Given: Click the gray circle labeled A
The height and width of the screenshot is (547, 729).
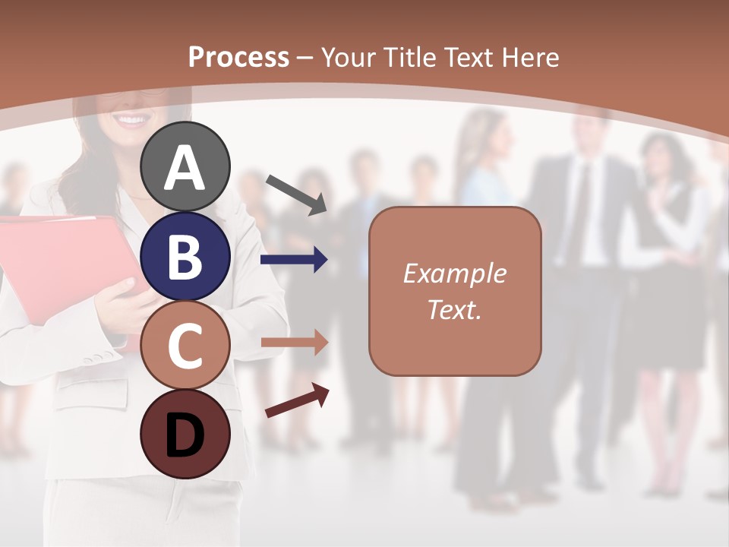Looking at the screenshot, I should (x=185, y=166).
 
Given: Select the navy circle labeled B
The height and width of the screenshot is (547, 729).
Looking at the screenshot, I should (x=185, y=256).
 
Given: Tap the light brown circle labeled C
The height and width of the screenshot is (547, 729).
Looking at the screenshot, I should (x=185, y=345).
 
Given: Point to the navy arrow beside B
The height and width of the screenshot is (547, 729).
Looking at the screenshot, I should (x=294, y=261).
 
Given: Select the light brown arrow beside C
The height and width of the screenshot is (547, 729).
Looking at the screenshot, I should (x=294, y=343).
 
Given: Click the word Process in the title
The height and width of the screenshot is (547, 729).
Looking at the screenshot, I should (x=238, y=57).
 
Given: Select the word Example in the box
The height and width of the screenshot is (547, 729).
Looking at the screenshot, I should (x=454, y=273).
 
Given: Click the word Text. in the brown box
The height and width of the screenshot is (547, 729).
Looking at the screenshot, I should (x=454, y=309).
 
